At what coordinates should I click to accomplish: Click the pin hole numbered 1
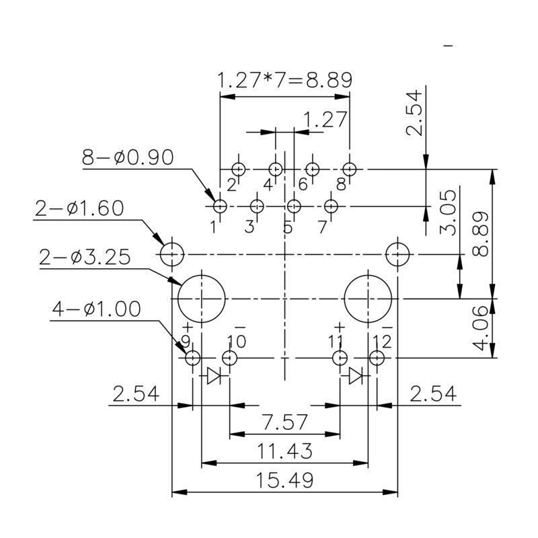point(220,205)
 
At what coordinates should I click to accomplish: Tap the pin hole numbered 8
point(349,168)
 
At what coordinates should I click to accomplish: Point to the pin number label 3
point(249,227)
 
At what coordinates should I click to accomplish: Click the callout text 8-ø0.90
point(128,157)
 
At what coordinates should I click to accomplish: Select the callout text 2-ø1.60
point(79,208)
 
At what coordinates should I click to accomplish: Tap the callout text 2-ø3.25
point(85,258)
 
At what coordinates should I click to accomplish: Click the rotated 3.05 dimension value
point(449,212)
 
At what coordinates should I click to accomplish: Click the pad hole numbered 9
point(192,358)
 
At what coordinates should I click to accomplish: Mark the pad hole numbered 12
point(376,358)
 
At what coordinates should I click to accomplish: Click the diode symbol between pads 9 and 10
point(215,375)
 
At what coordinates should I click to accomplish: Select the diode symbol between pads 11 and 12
point(357,375)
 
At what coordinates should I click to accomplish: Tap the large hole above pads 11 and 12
point(369,297)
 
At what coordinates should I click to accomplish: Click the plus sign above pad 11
point(338,328)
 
